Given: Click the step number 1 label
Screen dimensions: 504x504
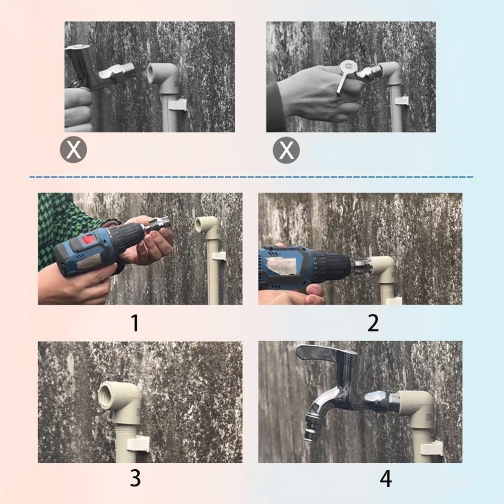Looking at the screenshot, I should [135, 323].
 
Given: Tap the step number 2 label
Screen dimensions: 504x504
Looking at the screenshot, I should [373, 323].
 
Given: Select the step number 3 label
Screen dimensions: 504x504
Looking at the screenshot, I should [135, 478].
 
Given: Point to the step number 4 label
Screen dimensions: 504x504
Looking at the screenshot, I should [386, 478].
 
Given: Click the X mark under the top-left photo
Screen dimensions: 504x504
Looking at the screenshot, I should [74, 150].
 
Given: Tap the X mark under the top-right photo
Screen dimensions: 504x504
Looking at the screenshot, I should [286, 150].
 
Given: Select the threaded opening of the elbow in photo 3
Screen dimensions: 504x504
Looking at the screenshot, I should [108, 393].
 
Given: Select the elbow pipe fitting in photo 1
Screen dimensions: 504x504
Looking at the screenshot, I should [208, 226].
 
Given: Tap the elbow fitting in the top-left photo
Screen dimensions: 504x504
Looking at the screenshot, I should [164, 76].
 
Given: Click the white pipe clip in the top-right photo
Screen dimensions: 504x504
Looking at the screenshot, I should [402, 100].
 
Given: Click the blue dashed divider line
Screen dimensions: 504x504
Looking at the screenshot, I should [252, 177].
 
